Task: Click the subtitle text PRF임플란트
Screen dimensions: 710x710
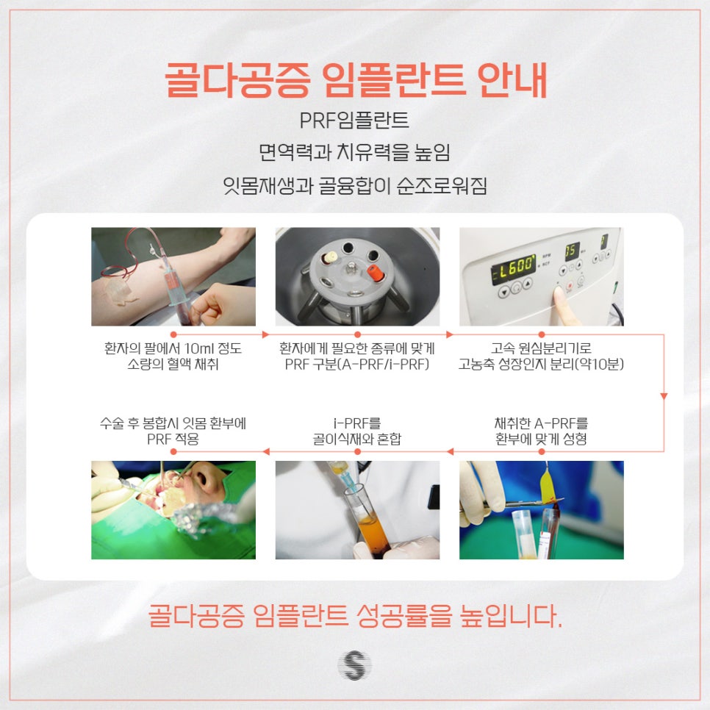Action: coord(354,121)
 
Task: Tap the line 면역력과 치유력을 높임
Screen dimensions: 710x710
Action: coord(354,153)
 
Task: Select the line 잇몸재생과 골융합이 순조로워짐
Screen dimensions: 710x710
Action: coord(354,185)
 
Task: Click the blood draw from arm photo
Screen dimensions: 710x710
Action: coord(173,276)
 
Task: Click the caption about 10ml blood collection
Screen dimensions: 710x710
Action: coord(173,356)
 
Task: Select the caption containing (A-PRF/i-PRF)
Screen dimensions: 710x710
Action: coord(357,356)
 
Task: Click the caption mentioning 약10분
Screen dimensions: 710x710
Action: coord(541,356)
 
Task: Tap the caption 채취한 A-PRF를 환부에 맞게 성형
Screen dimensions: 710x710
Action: coord(541,431)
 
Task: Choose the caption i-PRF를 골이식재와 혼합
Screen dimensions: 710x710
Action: coord(357,431)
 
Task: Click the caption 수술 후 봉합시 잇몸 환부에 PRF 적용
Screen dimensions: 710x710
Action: coord(173,431)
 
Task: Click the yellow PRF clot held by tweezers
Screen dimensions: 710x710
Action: coord(546,482)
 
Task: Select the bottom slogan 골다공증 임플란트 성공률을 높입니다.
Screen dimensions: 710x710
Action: coord(354,615)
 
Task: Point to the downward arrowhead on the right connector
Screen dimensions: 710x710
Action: coord(664,396)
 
